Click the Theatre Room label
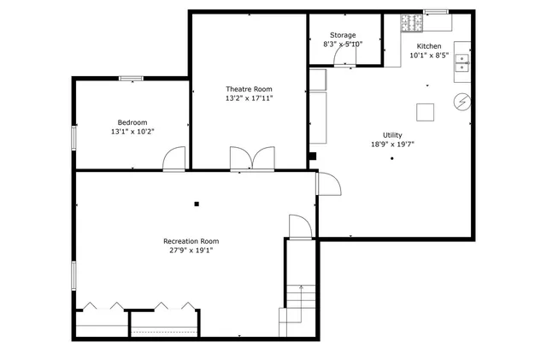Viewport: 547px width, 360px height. point(249,89)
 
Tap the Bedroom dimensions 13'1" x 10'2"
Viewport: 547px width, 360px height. point(132,132)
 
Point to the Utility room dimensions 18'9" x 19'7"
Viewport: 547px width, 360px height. point(392,145)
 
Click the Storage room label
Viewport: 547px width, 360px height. point(343,35)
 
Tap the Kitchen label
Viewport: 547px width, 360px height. point(429,45)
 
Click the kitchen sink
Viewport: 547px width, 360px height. point(462,61)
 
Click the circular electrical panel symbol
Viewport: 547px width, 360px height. point(462,103)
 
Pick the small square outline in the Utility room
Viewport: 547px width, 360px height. point(425,111)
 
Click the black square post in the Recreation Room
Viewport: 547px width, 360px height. point(197,204)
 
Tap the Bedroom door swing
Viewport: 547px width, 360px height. point(174,158)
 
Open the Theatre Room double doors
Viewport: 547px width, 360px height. point(251,158)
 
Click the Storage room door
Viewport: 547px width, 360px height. point(344,56)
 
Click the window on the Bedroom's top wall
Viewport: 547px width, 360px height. point(131,79)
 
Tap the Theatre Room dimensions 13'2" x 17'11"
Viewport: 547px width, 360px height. point(249,98)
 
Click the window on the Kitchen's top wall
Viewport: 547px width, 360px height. point(436,12)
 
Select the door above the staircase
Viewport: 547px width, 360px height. point(300,227)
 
